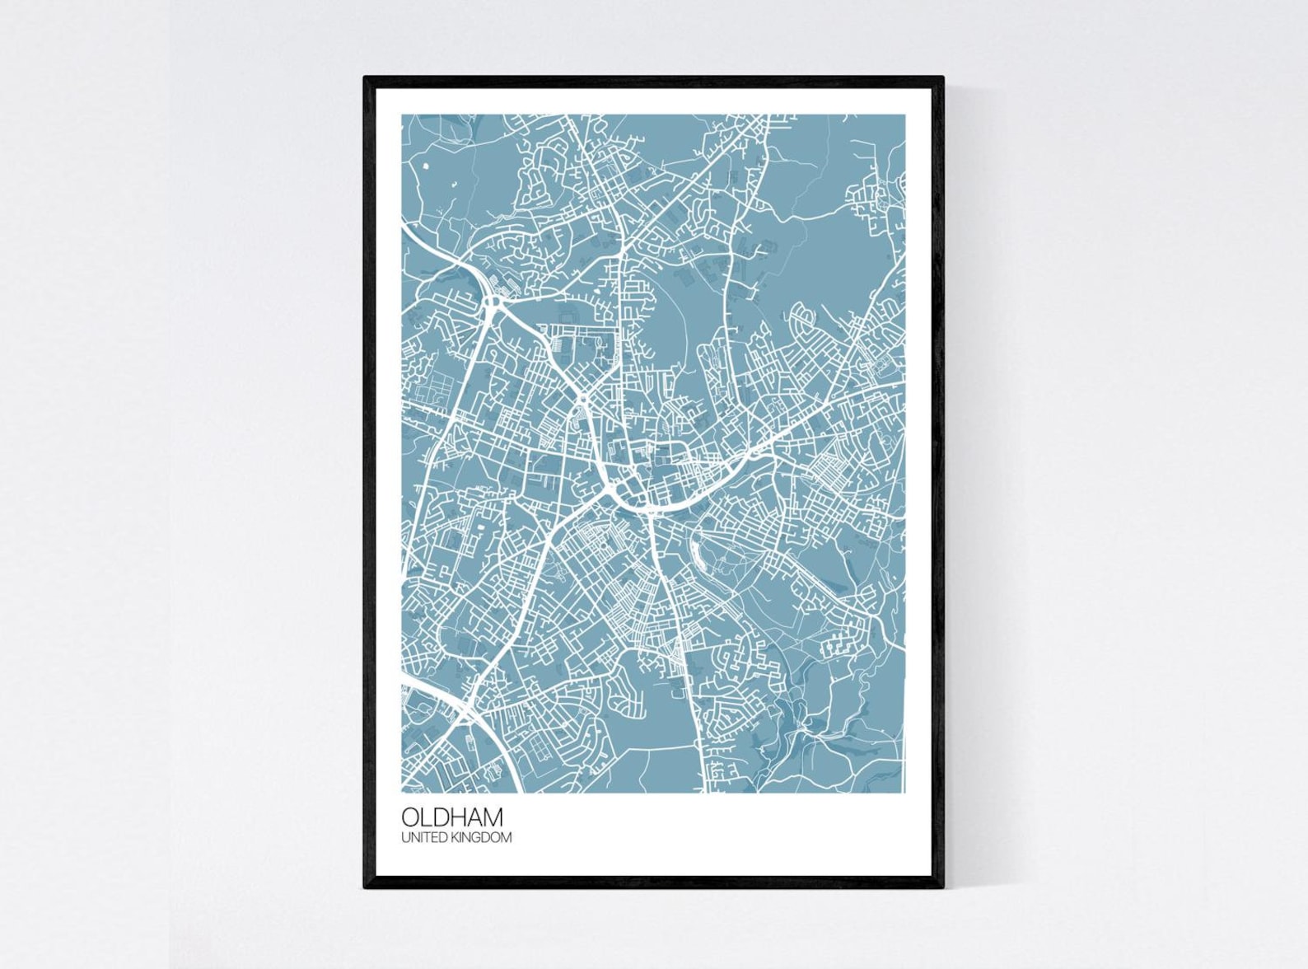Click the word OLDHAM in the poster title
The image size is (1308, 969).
452,817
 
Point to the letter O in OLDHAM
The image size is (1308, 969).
410,817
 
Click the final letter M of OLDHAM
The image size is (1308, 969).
493,817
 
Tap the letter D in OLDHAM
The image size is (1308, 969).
438,817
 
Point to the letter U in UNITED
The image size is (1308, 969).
405,838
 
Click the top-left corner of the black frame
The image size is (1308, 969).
366,78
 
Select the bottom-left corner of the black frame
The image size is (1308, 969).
366,887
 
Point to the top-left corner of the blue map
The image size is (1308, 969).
403,115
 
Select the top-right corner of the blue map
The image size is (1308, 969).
904,115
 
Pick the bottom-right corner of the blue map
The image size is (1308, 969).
904,792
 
